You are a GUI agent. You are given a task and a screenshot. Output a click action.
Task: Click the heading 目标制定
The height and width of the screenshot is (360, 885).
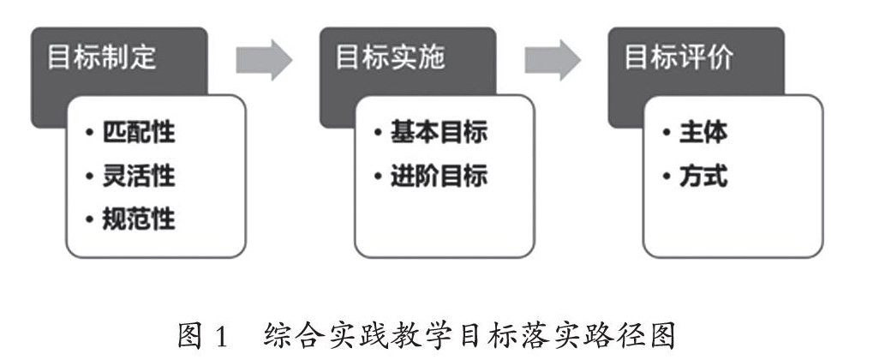tap(102, 58)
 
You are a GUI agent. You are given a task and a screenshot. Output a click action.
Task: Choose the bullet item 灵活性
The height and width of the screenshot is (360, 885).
tap(140, 177)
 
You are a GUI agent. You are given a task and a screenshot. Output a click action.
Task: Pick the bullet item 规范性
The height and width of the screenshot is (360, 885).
tap(140, 219)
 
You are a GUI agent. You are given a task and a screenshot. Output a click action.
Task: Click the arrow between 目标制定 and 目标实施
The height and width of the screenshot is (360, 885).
tap(264, 59)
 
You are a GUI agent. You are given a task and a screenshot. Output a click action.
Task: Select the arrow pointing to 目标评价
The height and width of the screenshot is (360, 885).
tap(553, 59)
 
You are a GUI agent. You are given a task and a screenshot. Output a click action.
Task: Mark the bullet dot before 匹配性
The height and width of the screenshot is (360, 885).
tap(90, 135)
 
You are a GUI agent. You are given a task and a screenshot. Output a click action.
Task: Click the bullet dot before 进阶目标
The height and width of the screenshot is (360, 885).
tap(379, 177)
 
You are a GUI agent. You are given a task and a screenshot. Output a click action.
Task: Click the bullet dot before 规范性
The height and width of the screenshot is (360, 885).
tap(90, 219)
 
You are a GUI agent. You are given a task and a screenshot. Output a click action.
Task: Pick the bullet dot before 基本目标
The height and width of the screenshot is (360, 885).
tap(379, 135)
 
